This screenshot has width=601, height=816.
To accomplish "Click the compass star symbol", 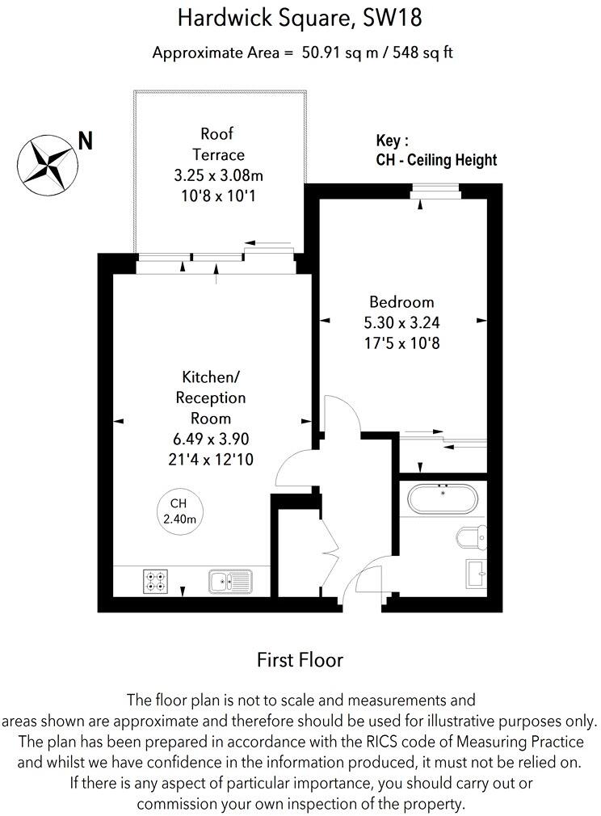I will [x=47, y=161].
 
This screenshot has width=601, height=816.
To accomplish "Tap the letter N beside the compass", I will [x=85, y=141].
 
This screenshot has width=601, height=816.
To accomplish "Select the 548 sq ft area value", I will [x=423, y=53].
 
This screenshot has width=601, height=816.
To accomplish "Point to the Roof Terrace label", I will [x=217, y=144].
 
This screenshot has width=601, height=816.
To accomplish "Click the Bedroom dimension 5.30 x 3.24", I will [x=401, y=322].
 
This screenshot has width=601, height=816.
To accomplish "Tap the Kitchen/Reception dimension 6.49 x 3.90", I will [x=211, y=440].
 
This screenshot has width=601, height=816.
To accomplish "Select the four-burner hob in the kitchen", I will [x=154, y=581].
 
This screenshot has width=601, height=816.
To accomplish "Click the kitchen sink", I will [x=229, y=581].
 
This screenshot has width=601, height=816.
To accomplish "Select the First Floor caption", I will [x=300, y=660].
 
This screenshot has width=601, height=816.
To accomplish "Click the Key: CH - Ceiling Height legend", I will [x=436, y=151].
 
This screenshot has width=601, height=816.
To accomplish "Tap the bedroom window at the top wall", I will [x=435, y=191].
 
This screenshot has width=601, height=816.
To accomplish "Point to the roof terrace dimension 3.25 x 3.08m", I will [x=217, y=175].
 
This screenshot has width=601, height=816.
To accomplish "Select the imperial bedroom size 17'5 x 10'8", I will [x=401, y=343].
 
